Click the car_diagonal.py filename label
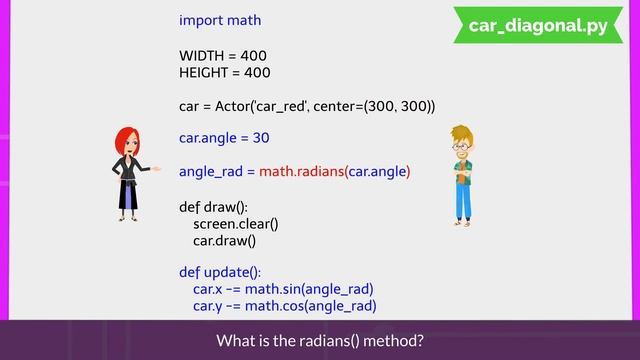click(x=537, y=26)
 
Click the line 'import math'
click(x=219, y=20)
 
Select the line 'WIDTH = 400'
click(x=223, y=55)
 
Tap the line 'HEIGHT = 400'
click(x=224, y=73)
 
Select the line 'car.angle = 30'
click(x=225, y=137)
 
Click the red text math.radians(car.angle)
click(x=334, y=172)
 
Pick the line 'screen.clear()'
click(x=235, y=224)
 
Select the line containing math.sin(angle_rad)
click(x=283, y=289)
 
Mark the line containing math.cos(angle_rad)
click(x=284, y=306)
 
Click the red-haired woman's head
click(x=127, y=143)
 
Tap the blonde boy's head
click(x=462, y=141)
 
